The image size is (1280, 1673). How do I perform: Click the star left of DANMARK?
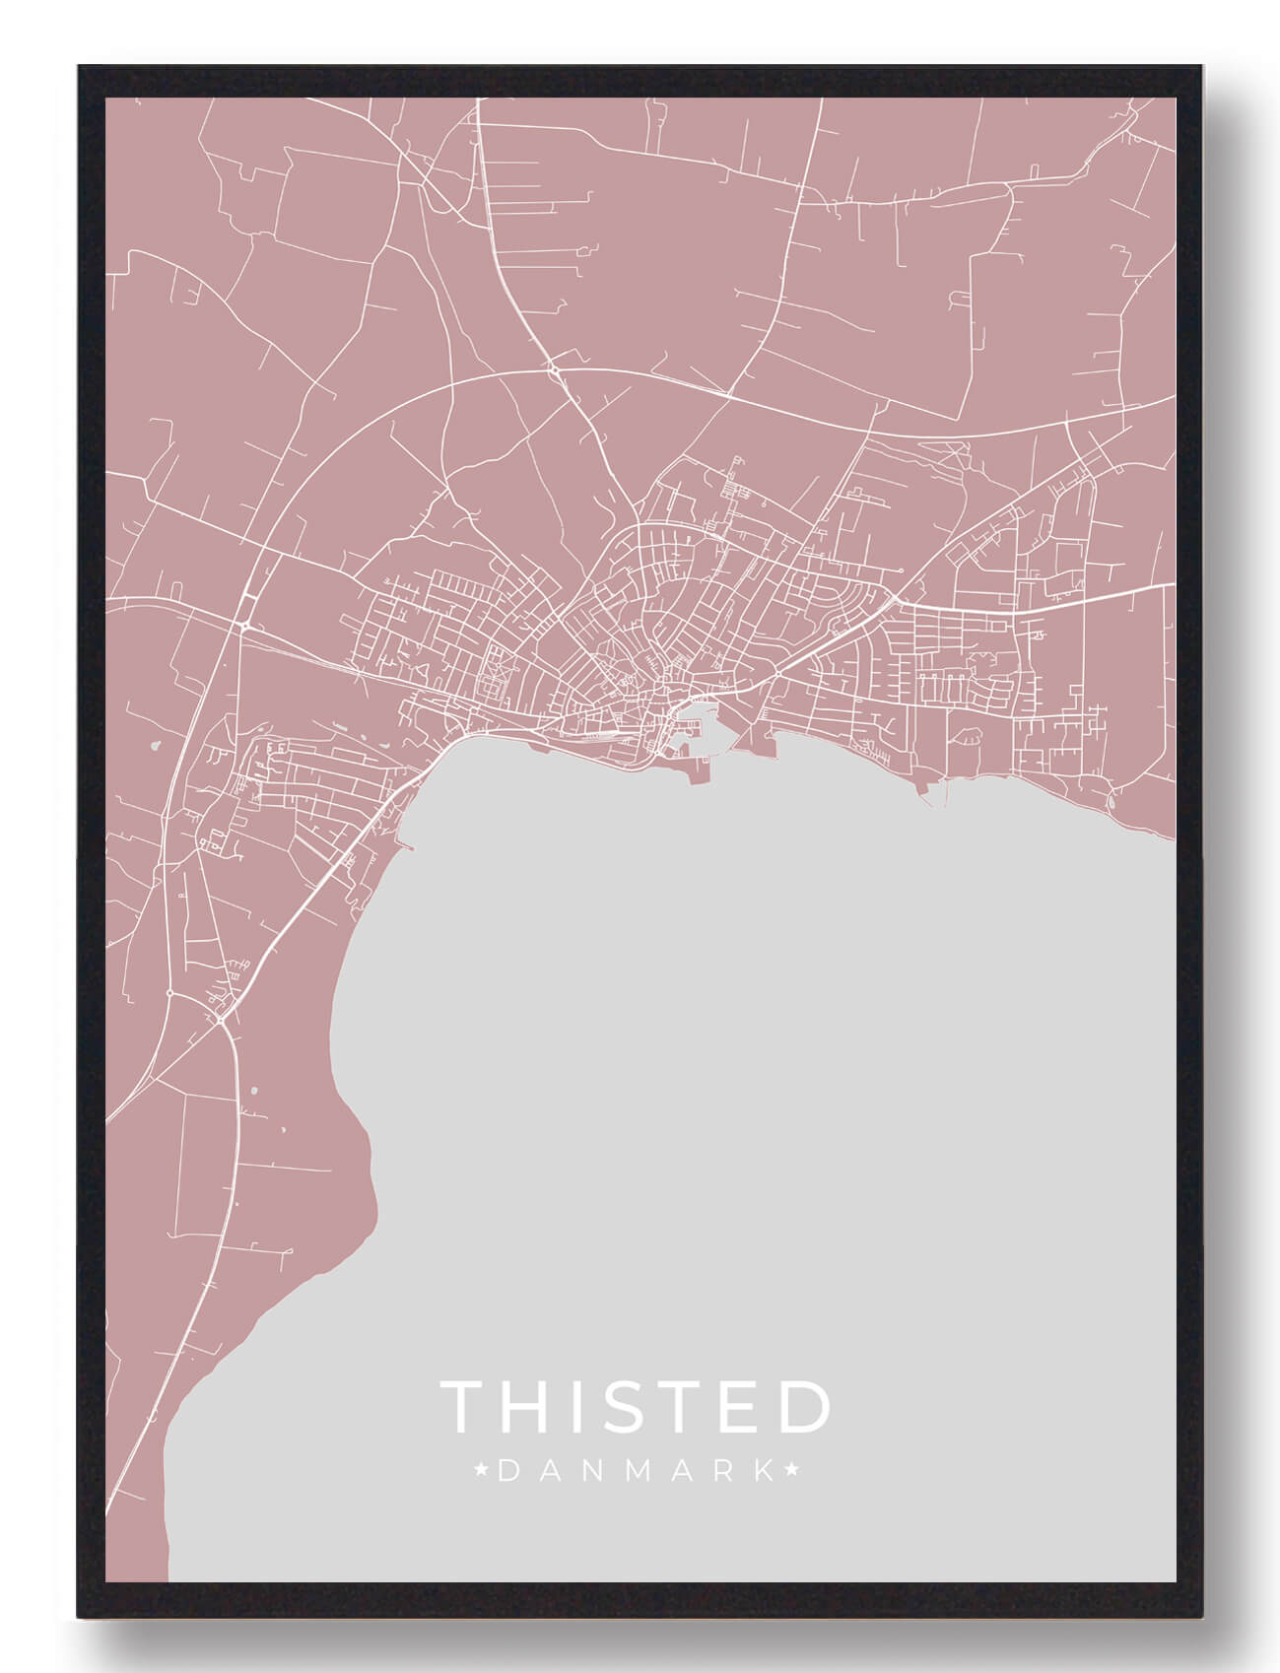point(482,1472)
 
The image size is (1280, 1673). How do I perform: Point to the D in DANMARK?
point(507,1472)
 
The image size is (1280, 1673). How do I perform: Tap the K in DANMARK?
point(765,1472)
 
